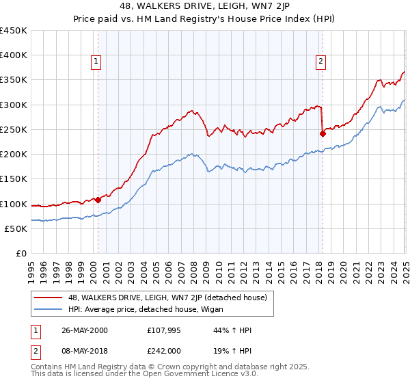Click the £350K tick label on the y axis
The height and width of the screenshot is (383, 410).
(x=14, y=80)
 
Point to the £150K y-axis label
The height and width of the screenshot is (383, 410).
(x=14, y=179)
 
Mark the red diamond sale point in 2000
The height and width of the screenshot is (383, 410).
(x=98, y=200)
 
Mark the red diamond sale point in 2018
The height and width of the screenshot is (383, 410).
(x=322, y=133)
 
